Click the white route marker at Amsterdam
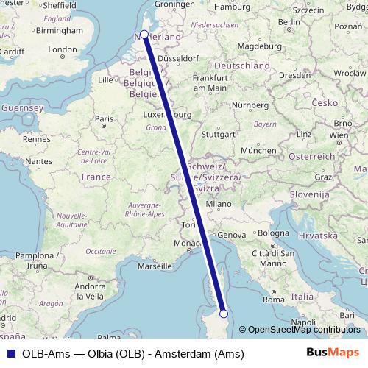pyautogui.click(x=144, y=34)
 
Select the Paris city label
pyautogui.click(x=104, y=118)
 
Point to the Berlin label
pyautogui.click(x=290, y=21)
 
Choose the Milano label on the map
pyautogui.click(x=219, y=203)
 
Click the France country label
pyautogui.click(x=96, y=177)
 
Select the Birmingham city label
pyautogui.click(x=58, y=31)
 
